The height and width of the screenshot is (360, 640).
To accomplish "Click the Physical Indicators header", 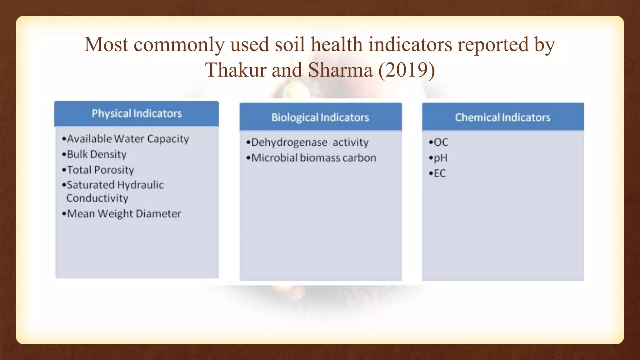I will click(x=137, y=113).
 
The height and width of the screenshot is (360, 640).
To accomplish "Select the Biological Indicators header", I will click(x=320, y=117).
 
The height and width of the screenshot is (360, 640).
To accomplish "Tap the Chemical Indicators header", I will click(x=502, y=117).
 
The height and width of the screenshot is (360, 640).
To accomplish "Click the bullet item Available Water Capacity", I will click(x=127, y=139).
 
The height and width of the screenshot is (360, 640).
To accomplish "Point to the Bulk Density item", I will click(x=97, y=154).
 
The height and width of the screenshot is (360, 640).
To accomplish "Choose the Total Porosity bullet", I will click(x=100, y=170).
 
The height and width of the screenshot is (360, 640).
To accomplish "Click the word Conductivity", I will click(x=97, y=198).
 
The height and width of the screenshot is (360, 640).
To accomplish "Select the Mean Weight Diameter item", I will click(x=124, y=214).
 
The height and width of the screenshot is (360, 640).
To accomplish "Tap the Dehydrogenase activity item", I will click(x=310, y=142).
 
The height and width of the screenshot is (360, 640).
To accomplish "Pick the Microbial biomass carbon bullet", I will click(x=313, y=158).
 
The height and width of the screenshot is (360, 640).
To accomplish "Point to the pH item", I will click(x=440, y=158).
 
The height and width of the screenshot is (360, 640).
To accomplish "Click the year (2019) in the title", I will click(x=407, y=70).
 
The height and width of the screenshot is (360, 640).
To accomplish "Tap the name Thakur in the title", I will click(x=235, y=70).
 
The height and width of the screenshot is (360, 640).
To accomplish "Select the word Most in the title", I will click(x=106, y=44).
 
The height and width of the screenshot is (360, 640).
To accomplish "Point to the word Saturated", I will click(x=91, y=185).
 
